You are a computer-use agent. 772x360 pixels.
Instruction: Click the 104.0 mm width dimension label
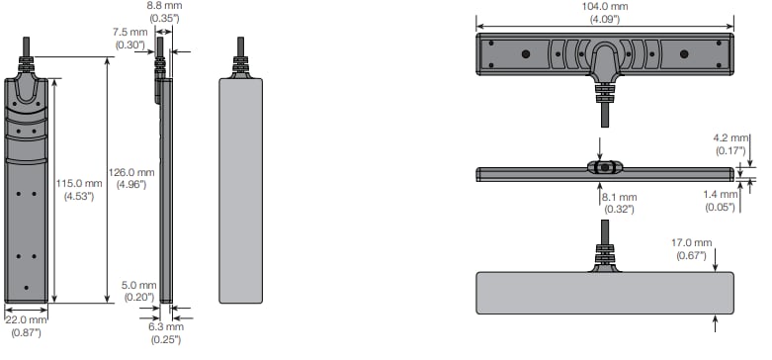coord(605,7)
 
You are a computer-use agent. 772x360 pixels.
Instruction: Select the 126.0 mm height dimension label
coord(135,171)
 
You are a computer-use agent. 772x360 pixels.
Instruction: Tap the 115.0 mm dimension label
coord(78,183)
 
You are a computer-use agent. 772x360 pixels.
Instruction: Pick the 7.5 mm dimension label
coord(129,31)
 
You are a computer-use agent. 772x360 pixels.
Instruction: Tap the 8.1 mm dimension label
coord(619,197)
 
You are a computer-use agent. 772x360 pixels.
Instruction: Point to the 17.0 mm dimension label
coord(691,242)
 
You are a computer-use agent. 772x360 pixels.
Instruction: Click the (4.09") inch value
coord(605,19)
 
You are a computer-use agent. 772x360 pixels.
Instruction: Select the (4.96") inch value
coord(135,184)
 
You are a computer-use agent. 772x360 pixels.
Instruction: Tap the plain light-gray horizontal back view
coord(604,293)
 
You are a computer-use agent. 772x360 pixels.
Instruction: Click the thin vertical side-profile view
coord(164,188)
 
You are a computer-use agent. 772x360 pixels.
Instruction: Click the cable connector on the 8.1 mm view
coord(604,168)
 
